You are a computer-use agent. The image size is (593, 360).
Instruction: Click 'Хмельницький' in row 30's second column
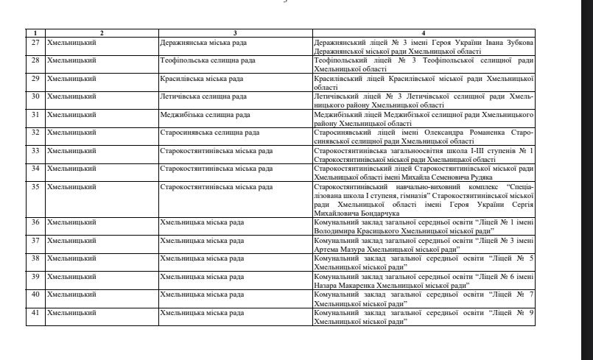coord(71,96)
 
